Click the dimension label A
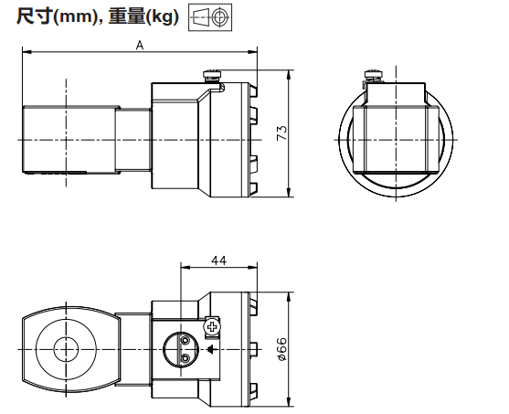[139, 45]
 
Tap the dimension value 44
[218, 260]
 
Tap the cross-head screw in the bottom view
[212, 325]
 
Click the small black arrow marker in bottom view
[211, 348]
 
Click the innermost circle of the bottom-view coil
[66, 349]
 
